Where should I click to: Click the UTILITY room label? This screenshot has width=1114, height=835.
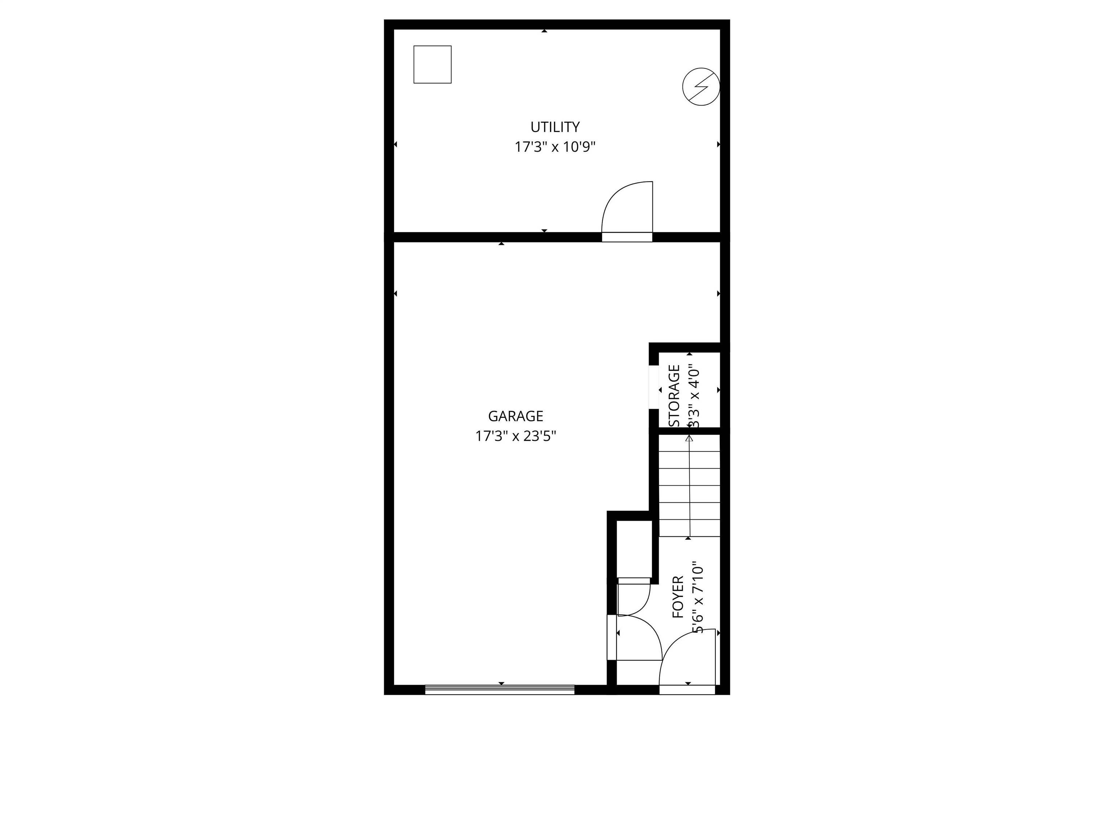coord(555,126)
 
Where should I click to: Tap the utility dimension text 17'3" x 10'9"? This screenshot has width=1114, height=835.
coord(555,147)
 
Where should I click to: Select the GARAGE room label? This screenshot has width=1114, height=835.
coord(516,416)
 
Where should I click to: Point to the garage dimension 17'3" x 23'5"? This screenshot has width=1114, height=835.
coord(516,436)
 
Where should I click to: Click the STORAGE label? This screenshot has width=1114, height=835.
coord(674,396)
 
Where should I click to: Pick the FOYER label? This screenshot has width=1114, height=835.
coord(678,597)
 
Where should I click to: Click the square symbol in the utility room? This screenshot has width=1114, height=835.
coord(433,65)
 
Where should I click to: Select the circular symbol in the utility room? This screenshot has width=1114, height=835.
coord(701,87)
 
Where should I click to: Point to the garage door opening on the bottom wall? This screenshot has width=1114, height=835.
coord(500,690)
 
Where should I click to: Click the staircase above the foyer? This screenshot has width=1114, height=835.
coord(689,486)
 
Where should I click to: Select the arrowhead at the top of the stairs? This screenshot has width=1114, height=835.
coord(689,438)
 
